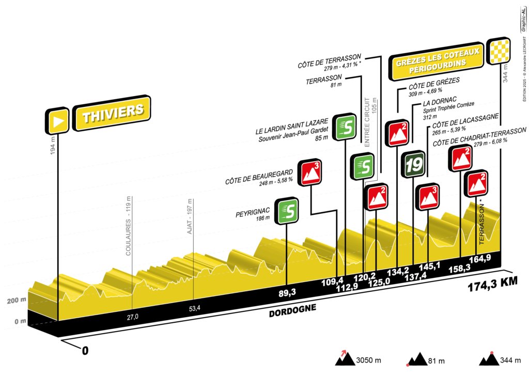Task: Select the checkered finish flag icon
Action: [500, 50]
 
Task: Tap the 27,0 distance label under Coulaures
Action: [133, 317]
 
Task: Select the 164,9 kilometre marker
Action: [479, 259]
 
